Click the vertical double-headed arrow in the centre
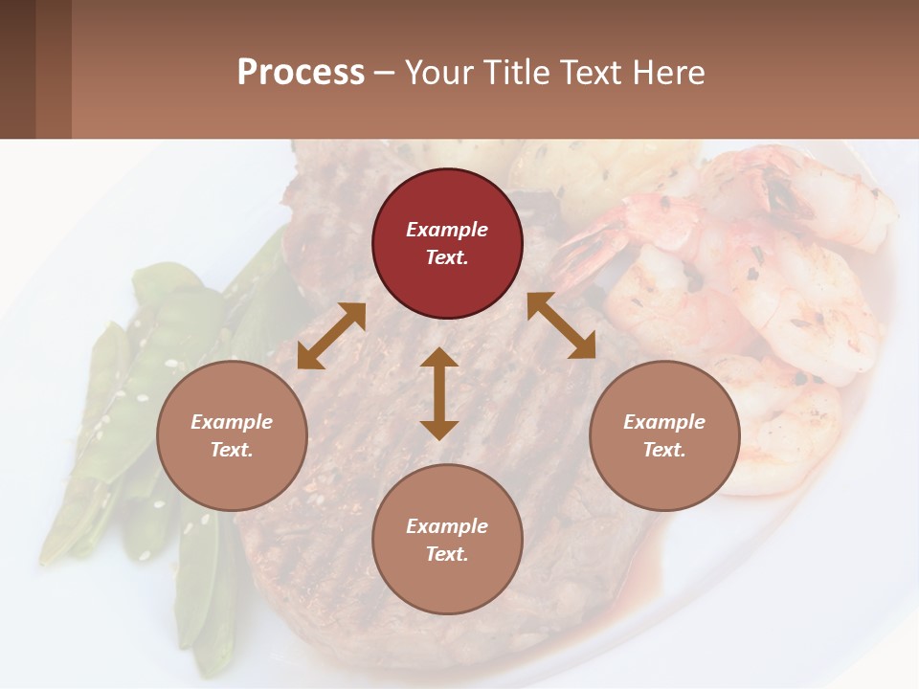[x=439, y=393]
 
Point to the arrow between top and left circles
[x=331, y=336]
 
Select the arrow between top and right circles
[x=561, y=325]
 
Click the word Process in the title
[x=301, y=73]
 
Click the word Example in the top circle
[x=447, y=230]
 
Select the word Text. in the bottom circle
[x=447, y=554]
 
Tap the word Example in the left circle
[x=232, y=422]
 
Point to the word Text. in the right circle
[x=664, y=450]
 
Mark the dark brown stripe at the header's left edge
[x=17, y=69]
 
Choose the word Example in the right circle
[x=664, y=422]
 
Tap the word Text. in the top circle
[x=447, y=257]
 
